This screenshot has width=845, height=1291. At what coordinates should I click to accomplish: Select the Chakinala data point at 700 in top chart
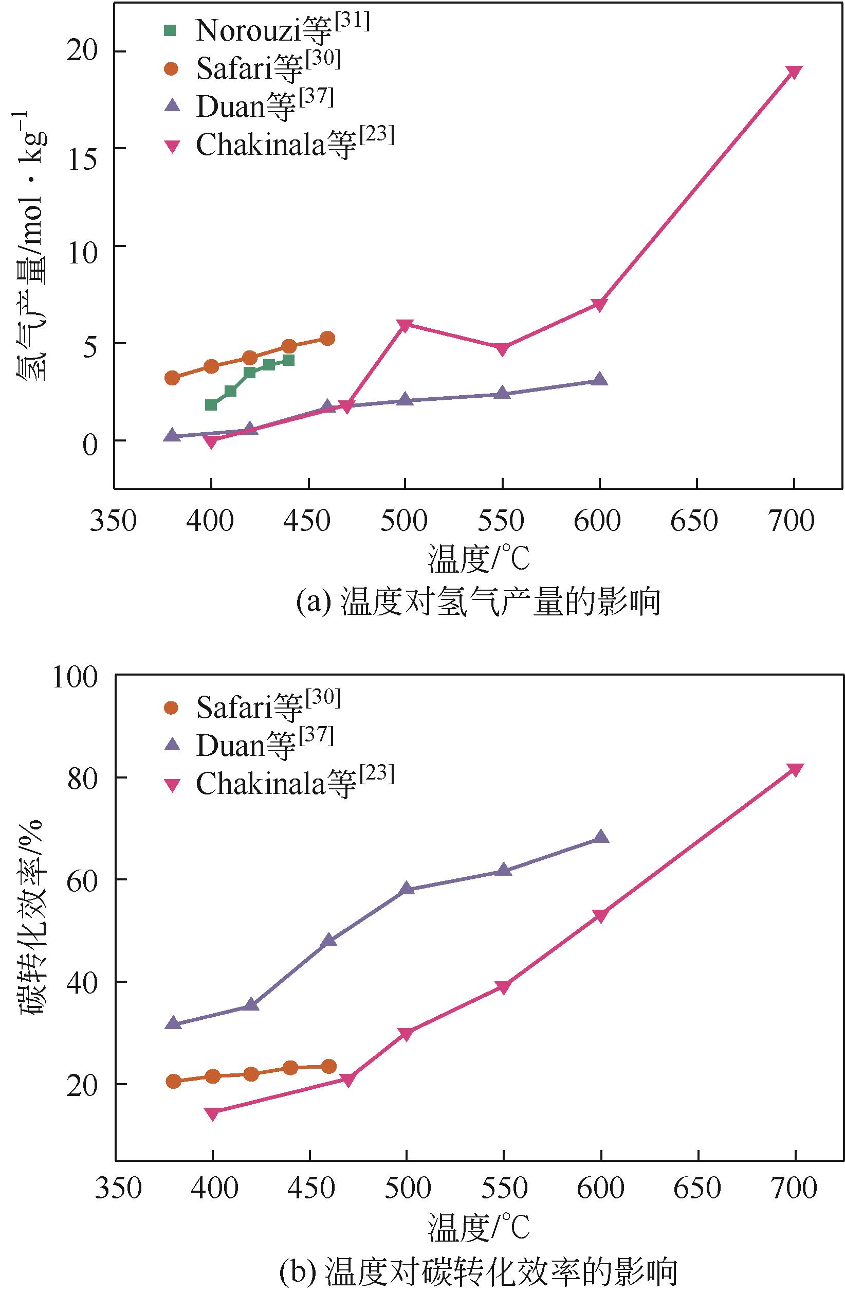(794, 72)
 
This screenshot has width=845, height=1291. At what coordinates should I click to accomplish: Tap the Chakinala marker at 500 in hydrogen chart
(406, 325)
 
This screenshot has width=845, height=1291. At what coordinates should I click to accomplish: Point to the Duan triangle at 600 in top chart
(599, 380)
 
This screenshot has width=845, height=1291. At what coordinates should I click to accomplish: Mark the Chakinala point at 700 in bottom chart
(795, 770)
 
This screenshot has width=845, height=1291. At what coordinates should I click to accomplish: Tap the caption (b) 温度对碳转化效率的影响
(478, 1271)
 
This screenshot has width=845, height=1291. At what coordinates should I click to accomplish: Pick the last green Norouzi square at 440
(288, 360)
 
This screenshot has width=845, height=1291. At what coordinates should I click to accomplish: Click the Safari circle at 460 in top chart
(327, 339)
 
